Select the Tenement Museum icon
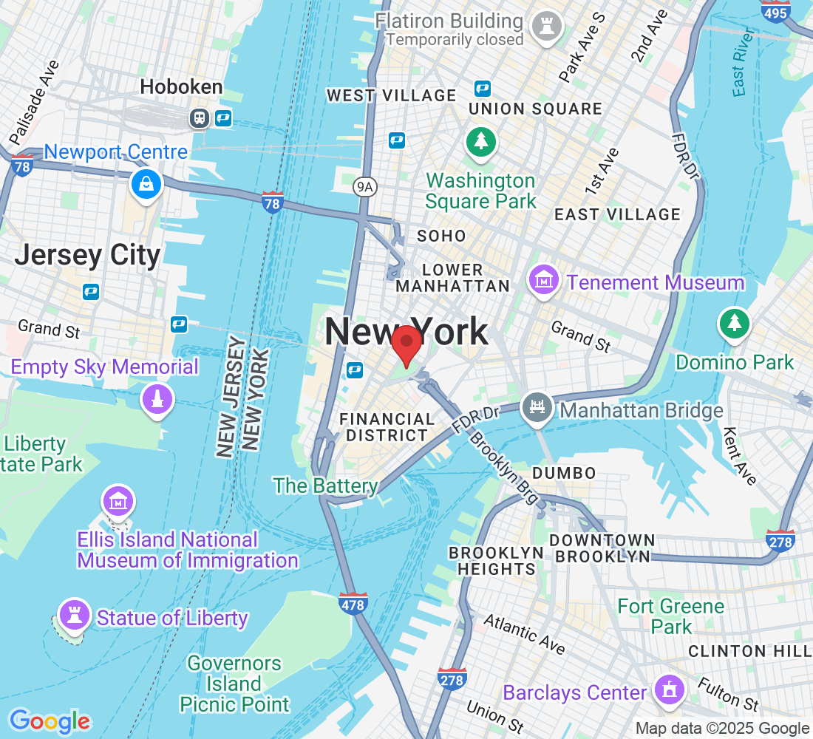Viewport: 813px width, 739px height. click(x=543, y=282)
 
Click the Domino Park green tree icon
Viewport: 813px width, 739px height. click(x=734, y=323)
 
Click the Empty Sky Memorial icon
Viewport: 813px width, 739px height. click(x=156, y=400)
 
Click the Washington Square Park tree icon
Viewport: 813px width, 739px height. click(x=481, y=141)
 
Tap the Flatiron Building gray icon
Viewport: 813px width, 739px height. click(x=547, y=27)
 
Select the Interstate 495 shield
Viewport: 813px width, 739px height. click(x=775, y=12)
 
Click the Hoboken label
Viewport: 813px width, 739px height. click(x=181, y=87)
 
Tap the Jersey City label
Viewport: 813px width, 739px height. click(x=87, y=255)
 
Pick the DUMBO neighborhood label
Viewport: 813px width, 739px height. click(x=563, y=473)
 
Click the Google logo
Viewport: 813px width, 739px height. click(x=50, y=721)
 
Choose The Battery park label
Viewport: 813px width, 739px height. click(x=325, y=486)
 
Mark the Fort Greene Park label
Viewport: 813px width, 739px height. click(x=671, y=616)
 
